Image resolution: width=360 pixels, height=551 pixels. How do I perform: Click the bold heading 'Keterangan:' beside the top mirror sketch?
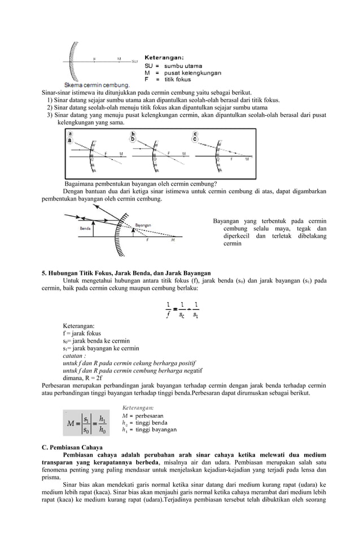[x=164, y=57]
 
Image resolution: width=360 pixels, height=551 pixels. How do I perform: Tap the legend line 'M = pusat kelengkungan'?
[x=177, y=73]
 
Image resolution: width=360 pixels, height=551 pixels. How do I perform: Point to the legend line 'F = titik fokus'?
[x=168, y=80]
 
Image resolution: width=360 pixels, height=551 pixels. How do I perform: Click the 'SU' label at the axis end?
[x=135, y=61]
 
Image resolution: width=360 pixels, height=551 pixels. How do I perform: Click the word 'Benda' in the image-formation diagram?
[x=86, y=229]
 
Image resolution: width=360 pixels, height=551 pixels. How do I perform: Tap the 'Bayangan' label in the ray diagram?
[x=143, y=225]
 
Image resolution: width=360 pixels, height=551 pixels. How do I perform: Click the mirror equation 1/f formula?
[x=182, y=310]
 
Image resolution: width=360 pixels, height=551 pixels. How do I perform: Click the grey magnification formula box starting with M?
[x=86, y=422]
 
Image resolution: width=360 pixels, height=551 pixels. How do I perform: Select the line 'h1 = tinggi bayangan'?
[x=149, y=430]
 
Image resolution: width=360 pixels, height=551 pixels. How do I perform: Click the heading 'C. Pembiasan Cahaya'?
[x=71, y=447]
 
